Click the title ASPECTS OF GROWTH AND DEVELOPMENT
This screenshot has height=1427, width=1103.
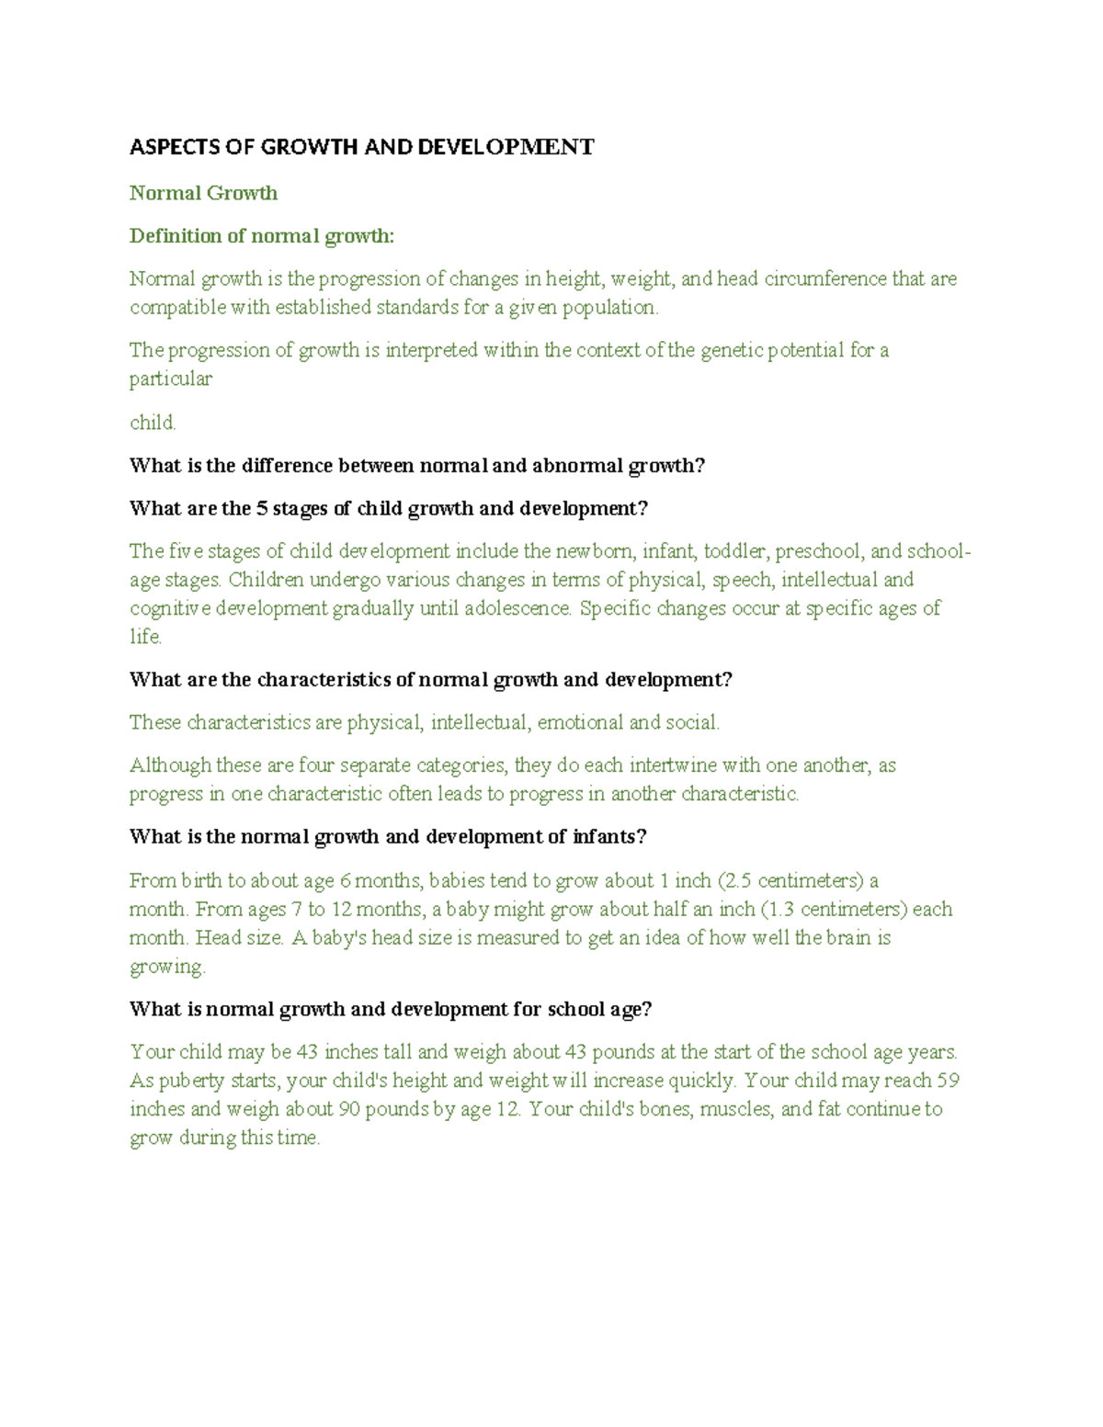[x=361, y=147]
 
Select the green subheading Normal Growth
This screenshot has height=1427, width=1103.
[x=203, y=193]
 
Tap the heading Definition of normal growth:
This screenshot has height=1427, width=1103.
[x=261, y=236]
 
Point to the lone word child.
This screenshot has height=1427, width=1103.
[x=152, y=423]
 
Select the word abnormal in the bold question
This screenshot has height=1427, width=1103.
[x=576, y=466]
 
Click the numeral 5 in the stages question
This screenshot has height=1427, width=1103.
[x=262, y=509]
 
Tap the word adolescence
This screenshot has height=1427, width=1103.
[x=517, y=608]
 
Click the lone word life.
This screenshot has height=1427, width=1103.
[x=145, y=637]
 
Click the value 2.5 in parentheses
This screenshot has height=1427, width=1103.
[x=738, y=880]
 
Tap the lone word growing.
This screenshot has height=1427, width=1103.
[x=167, y=967]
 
